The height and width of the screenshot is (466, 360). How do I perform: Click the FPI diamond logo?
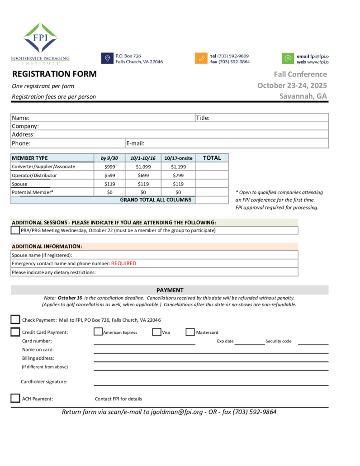(40, 38)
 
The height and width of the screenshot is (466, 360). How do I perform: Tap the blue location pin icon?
(107, 58)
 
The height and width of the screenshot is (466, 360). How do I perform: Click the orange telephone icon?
(201, 58)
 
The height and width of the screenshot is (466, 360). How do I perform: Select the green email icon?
(288, 58)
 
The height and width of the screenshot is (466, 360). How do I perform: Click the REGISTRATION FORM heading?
(54, 74)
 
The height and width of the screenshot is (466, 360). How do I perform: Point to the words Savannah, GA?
(303, 96)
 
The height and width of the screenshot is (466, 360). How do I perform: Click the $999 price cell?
(109, 166)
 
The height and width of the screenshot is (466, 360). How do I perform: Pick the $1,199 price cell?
(178, 166)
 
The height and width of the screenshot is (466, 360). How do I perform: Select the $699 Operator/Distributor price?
(143, 176)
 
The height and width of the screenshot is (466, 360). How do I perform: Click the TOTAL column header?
(212, 158)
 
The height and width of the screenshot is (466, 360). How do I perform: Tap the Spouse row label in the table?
(19, 184)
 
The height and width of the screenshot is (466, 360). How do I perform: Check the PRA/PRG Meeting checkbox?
(15, 230)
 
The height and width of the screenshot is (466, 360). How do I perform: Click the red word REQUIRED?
(123, 263)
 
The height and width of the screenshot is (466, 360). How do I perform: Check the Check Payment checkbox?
(15, 320)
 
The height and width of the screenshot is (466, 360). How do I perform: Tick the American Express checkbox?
(98, 332)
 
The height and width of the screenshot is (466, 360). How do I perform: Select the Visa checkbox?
(157, 332)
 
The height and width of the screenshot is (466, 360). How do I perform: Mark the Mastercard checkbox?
(190, 332)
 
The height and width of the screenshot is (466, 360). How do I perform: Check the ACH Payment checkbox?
(15, 399)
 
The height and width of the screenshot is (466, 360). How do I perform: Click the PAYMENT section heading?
(170, 290)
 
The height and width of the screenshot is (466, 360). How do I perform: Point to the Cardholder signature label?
(44, 382)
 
